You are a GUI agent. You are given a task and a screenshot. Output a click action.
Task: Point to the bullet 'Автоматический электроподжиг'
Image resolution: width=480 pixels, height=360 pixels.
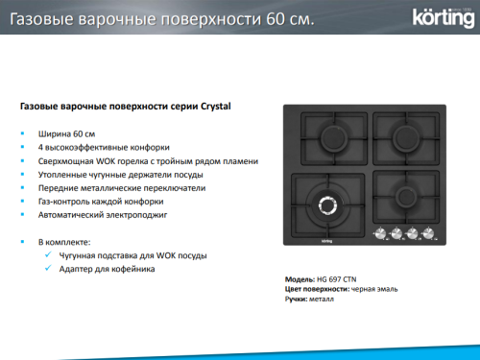point(103,217)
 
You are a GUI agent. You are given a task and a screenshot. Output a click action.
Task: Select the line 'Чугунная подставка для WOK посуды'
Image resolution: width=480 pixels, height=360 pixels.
point(132,255)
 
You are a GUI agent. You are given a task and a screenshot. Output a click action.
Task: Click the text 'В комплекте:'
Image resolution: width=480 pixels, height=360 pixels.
point(64,241)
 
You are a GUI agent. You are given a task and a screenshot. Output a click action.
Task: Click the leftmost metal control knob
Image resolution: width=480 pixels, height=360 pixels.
point(379,233)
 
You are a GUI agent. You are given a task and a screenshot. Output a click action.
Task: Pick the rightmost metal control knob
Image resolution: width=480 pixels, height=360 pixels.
point(428,233)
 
